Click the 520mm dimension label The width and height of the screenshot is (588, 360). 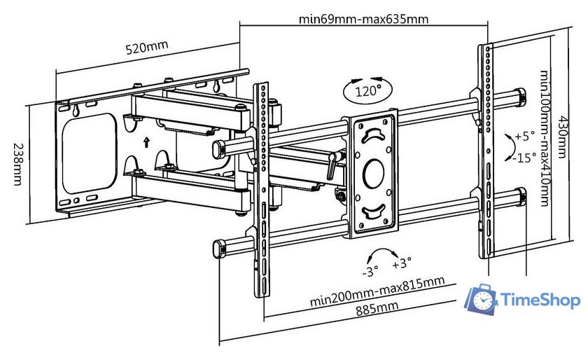[147, 48]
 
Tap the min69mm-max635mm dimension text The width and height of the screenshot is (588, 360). [363, 19]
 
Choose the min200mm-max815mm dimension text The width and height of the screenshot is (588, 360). [377, 292]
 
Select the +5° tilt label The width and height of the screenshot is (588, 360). [525, 136]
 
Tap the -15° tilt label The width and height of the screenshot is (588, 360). [524, 157]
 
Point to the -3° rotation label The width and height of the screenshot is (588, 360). [370, 269]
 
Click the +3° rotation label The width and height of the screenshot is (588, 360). [401, 263]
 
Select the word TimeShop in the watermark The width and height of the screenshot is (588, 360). [541, 300]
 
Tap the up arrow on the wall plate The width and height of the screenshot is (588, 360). [146, 142]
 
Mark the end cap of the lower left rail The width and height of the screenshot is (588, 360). [217, 248]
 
